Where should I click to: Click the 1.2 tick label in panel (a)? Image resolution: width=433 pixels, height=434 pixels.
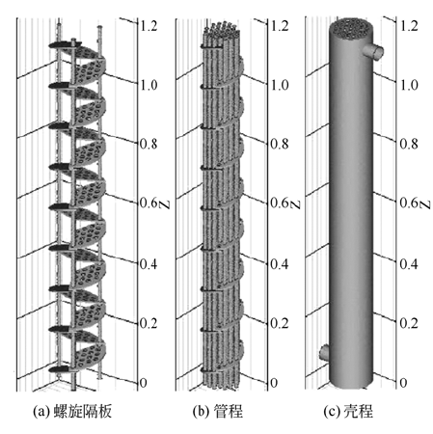[x=149, y=26]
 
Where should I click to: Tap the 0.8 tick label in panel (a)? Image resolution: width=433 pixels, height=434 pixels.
[x=149, y=144]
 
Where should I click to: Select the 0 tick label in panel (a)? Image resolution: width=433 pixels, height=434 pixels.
[x=144, y=383]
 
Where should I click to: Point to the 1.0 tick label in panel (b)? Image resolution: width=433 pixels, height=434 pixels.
[x=280, y=85]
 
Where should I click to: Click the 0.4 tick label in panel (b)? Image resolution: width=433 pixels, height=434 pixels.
[x=280, y=263]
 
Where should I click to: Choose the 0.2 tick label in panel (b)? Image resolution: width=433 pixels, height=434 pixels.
[x=280, y=323]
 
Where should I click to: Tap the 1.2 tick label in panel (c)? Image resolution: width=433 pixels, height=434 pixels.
[x=409, y=26]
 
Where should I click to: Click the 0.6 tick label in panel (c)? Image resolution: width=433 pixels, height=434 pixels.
[x=409, y=203]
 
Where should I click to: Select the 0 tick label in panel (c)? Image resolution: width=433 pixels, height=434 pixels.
[x=403, y=383]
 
